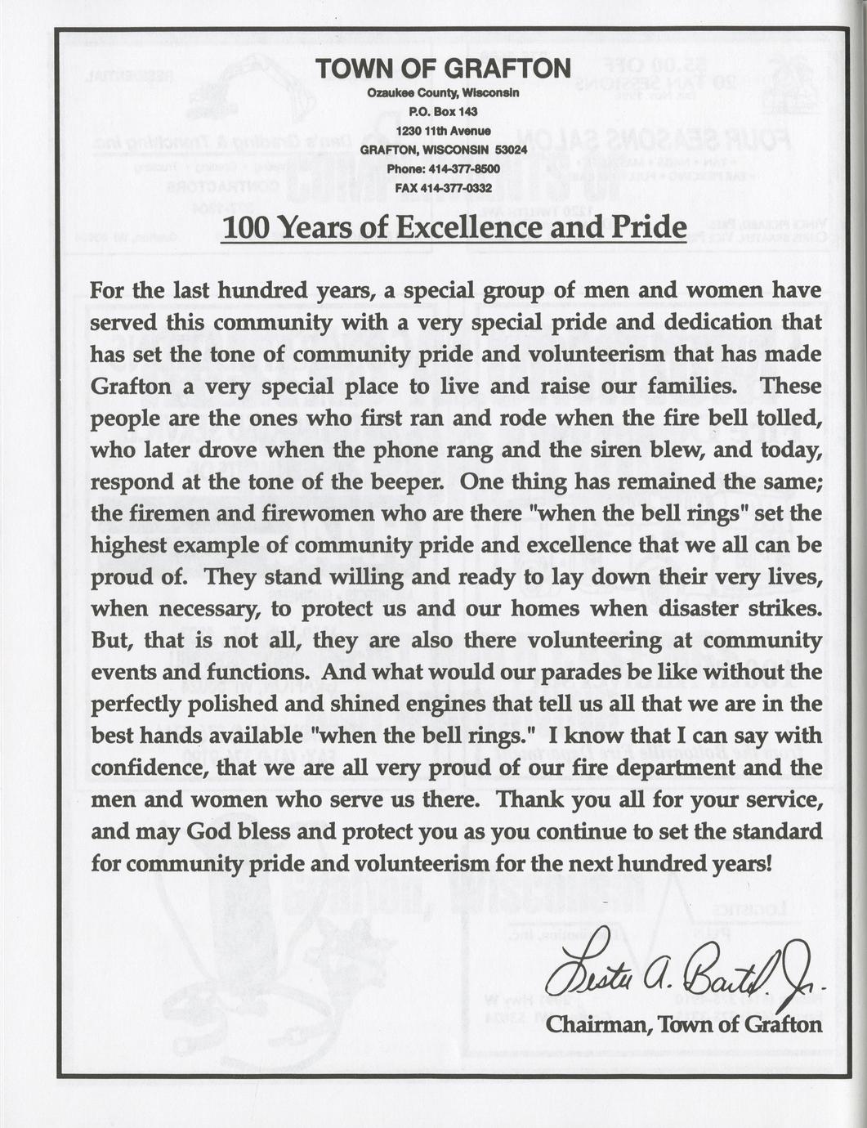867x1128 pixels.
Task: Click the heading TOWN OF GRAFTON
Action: [x=443, y=69]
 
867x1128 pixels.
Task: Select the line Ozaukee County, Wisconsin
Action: [x=443, y=93]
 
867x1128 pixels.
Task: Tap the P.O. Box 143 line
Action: [x=443, y=112]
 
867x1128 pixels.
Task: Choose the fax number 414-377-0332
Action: [x=455, y=188]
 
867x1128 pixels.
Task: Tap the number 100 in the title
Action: [x=245, y=227]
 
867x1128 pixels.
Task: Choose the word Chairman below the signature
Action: [x=595, y=1024]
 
